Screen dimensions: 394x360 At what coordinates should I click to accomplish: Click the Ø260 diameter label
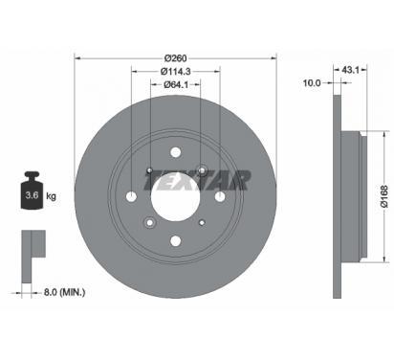coord(175,58)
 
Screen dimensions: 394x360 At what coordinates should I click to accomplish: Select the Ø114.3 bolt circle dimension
coord(175,72)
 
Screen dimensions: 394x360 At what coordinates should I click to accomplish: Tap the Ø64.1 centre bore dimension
coord(175,84)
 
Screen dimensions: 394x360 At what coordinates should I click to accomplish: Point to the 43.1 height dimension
coord(350,70)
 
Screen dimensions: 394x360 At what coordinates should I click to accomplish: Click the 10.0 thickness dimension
coord(312,83)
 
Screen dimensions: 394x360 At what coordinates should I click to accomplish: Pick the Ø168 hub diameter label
coord(384,196)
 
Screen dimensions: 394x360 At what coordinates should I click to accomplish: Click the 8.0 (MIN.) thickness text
coord(64,292)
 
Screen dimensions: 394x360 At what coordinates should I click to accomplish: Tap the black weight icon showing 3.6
coord(32,191)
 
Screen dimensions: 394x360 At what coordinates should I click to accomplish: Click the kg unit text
coord(51,195)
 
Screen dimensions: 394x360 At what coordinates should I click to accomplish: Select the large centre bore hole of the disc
coord(176,196)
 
